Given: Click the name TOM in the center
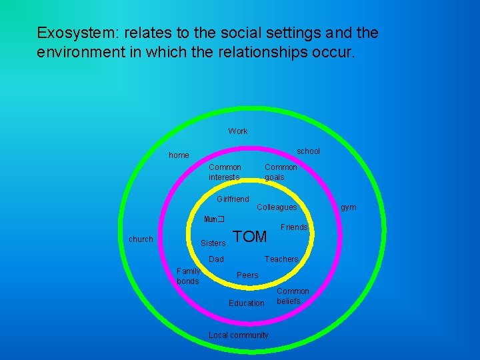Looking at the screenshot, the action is [x=251, y=237].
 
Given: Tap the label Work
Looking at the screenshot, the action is [x=238, y=131].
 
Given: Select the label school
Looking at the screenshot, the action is [x=308, y=151].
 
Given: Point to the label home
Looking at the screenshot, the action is [x=179, y=155].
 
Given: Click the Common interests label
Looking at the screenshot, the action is [x=225, y=172].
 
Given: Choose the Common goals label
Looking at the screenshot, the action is [x=281, y=172].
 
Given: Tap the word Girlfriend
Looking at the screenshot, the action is [x=233, y=199].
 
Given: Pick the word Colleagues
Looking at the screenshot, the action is [x=277, y=208].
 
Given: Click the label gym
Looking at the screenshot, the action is [x=349, y=207].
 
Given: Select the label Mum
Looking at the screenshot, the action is [x=212, y=219].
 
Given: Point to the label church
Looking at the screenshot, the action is [x=141, y=239].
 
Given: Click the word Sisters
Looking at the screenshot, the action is [x=213, y=243].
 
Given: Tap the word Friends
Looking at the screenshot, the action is [x=294, y=227].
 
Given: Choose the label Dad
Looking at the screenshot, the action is [x=217, y=259].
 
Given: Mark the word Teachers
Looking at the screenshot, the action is [x=281, y=259].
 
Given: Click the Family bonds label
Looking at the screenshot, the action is [x=188, y=276].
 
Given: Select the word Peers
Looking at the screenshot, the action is [x=247, y=275].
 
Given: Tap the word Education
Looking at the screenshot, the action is [x=247, y=303].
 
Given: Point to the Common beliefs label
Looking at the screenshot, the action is [x=293, y=296].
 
